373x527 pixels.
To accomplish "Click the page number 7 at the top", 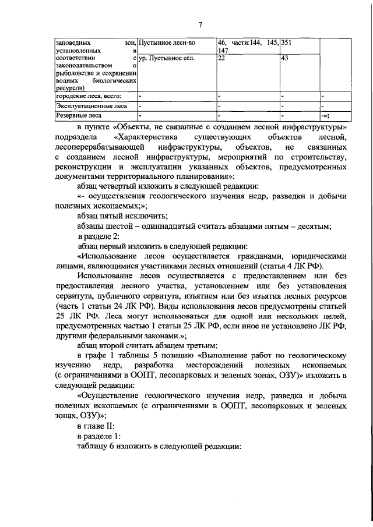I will point(200,24).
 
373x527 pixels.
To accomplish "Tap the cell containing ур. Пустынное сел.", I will point(166,58).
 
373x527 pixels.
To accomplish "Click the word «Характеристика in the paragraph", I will point(147,137).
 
